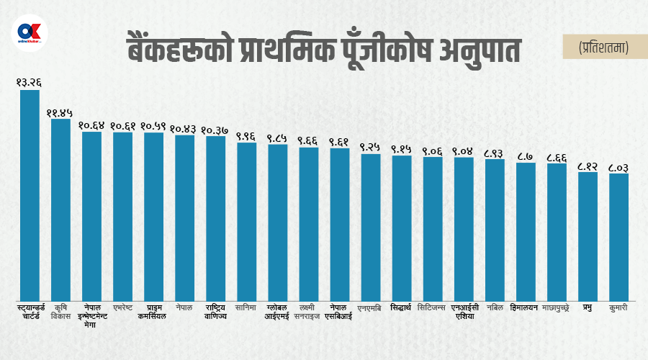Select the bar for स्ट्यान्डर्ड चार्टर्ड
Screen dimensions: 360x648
(30, 194)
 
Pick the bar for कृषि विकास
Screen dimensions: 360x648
(60, 209)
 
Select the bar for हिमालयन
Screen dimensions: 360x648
(526, 231)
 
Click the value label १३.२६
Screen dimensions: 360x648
(30, 82)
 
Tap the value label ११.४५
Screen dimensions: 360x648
(60, 112)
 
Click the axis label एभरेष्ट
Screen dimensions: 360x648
(122, 308)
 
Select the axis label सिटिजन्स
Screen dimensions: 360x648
(433, 308)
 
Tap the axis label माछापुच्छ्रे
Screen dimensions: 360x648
(557, 308)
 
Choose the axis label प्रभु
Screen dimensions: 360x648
(588, 308)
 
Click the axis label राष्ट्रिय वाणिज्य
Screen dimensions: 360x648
(216, 312)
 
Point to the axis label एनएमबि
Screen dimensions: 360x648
(371, 308)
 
